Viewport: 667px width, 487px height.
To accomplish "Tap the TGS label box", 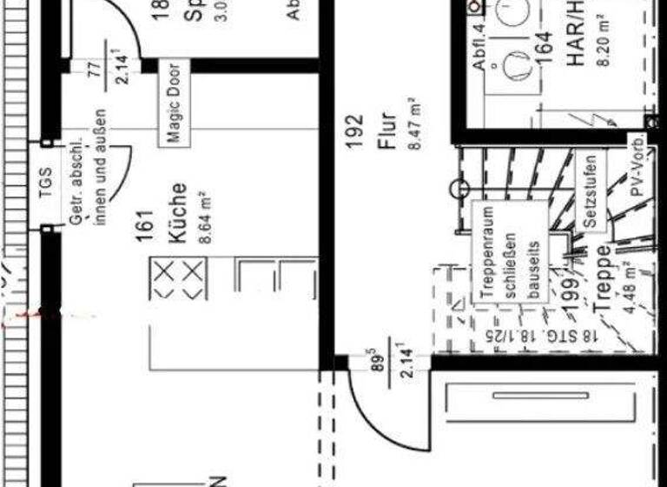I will pyautogui.click(x=44, y=183).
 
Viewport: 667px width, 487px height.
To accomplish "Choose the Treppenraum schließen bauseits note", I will pyautogui.click(x=511, y=257).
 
